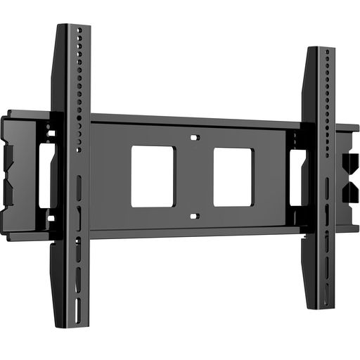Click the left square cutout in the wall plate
point(153,176)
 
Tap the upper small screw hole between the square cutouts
point(196,137)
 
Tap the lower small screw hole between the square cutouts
point(195,216)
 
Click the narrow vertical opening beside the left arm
point(44,176)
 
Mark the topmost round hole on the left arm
point(79,31)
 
